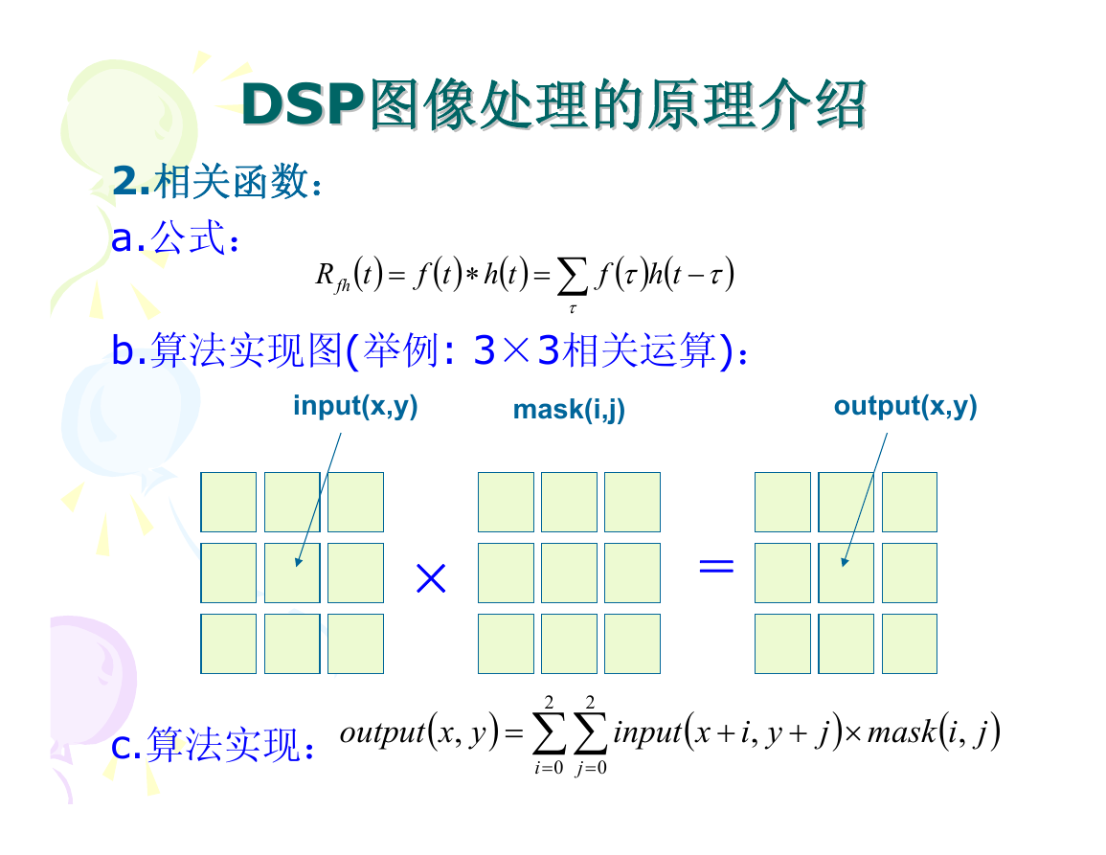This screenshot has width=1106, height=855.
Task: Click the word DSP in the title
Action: point(302,104)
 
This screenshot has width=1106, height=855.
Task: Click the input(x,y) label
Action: point(355,406)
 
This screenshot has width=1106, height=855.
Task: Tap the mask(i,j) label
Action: point(569,410)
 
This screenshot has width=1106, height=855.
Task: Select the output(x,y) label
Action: point(905,406)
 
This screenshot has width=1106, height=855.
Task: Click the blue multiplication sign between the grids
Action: point(431,578)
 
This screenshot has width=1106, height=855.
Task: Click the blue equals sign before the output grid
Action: point(716,565)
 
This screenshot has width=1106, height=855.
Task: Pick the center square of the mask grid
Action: point(569,573)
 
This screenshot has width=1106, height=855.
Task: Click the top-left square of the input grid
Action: point(229,503)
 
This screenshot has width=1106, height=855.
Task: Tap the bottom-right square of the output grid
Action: point(910,643)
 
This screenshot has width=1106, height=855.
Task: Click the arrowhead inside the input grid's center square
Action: point(299,561)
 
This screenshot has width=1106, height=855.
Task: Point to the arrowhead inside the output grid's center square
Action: point(845,561)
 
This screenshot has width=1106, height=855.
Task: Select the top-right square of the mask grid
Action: point(633,503)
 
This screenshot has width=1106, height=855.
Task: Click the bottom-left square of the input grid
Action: point(229,643)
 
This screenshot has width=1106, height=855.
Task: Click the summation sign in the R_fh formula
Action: point(572,276)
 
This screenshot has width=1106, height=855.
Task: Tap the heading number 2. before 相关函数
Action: point(131,181)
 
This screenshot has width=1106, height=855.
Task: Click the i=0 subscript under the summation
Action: point(549,768)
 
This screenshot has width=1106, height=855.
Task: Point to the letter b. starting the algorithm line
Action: point(129,349)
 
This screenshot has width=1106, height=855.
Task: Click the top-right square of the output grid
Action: point(910,503)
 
